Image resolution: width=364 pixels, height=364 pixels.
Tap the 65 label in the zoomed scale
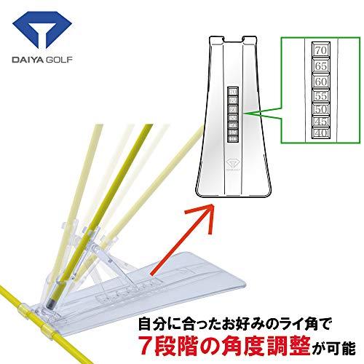(318, 66)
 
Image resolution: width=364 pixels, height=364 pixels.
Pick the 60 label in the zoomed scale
(318, 81)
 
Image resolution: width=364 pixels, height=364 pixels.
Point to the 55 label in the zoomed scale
(319, 95)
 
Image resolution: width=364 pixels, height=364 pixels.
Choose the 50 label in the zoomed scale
(320, 108)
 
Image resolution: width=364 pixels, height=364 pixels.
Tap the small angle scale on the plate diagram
(234, 113)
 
